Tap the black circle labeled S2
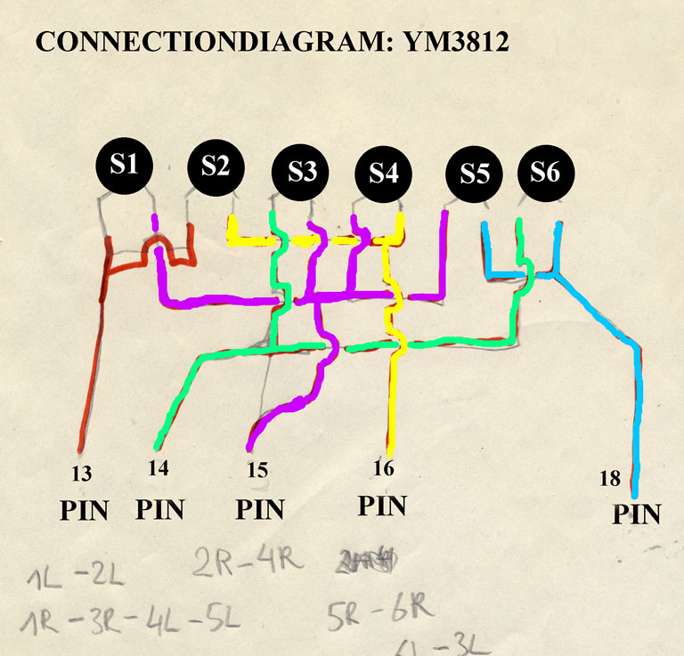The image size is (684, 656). click(215, 166)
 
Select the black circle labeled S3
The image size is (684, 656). click(301, 171)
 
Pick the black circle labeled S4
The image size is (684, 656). click(383, 174)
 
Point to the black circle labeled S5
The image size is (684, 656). click(475, 174)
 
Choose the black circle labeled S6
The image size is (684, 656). click(545, 172)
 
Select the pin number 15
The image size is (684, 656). click(256, 469)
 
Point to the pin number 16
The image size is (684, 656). click(383, 467)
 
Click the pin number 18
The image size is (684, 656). click(609, 479)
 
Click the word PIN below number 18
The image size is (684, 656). click(637, 514)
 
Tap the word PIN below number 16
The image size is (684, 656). click(382, 506)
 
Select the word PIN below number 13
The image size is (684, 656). click(84, 510)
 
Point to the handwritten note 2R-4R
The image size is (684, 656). click(245, 562)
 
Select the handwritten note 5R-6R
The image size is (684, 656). click(380, 613)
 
